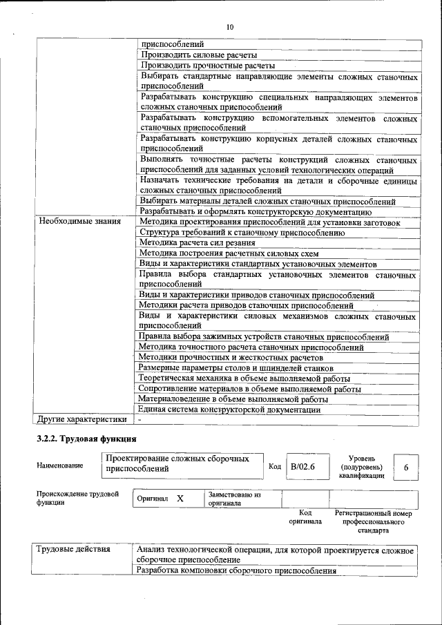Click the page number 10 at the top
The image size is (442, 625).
click(230, 26)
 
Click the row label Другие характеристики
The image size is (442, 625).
click(82, 419)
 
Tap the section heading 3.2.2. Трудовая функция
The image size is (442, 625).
click(86, 439)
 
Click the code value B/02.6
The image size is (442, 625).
click(302, 466)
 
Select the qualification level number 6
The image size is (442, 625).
click(406, 468)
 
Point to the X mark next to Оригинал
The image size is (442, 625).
click(180, 499)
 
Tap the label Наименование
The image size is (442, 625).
click(60, 465)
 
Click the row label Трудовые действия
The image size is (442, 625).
click(73, 550)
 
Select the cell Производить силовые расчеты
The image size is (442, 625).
click(199, 55)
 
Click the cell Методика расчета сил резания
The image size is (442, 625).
click(197, 243)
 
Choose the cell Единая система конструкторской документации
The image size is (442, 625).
click(229, 409)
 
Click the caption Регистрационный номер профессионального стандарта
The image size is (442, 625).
click(373, 522)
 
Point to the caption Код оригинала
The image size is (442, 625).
click(305, 517)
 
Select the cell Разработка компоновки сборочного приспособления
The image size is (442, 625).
click(236, 571)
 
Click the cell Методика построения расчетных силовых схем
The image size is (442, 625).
click(214, 253)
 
